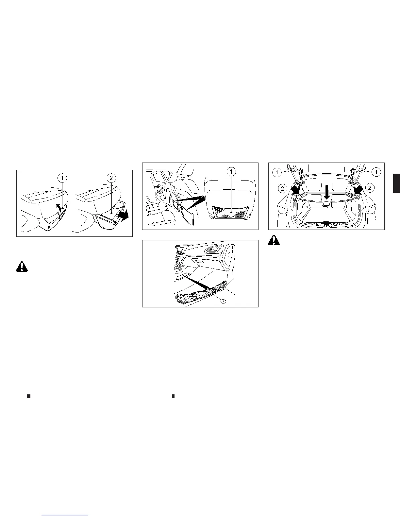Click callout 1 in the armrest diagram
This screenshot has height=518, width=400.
point(62,178)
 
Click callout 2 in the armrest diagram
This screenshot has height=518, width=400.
point(111,178)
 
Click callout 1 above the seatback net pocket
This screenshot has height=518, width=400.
point(231,171)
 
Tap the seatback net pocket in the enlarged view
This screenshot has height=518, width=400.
point(230,213)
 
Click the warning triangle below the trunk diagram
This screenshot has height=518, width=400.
point(274,240)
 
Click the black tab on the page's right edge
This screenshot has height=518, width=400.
point(396,183)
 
